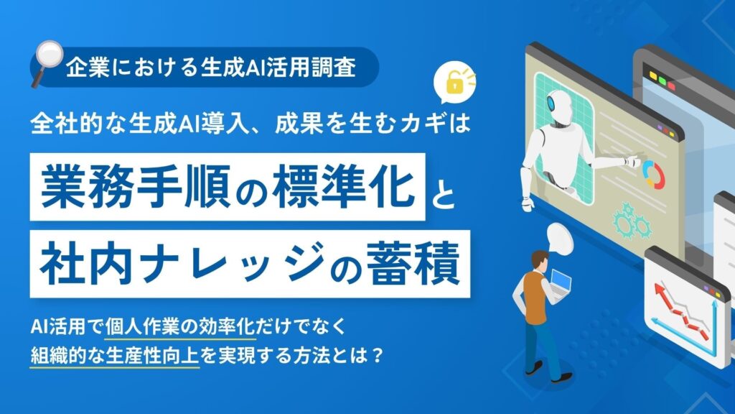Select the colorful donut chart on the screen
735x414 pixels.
(x=653, y=173)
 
